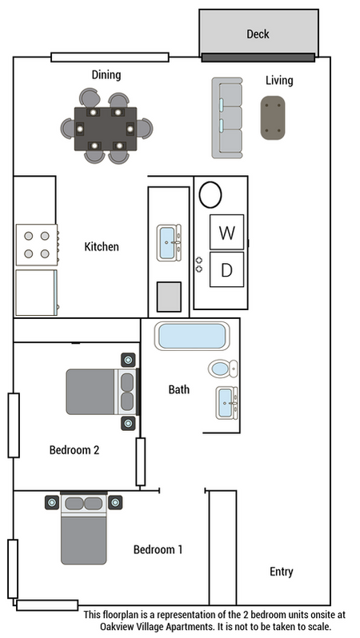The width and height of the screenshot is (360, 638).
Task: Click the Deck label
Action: (258, 34)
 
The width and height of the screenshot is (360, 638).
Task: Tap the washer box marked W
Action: (227, 232)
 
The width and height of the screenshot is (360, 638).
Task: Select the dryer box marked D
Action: (227, 269)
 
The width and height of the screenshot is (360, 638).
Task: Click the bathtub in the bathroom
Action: (192, 336)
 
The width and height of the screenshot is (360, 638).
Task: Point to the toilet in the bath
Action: (222, 369)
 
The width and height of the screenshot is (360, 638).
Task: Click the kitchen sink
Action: (169, 243)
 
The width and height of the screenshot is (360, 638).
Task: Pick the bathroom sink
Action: (226, 403)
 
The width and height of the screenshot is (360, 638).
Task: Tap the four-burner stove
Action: (37, 245)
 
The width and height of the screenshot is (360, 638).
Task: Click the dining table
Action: (106, 129)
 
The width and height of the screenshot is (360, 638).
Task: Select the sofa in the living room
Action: (227, 118)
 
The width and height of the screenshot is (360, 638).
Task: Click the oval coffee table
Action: (273, 118)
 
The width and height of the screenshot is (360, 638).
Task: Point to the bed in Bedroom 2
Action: (102, 392)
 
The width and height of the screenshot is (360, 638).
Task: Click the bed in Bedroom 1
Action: (84, 528)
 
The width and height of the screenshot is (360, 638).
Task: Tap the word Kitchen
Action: (102, 246)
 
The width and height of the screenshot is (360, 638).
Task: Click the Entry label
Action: (282, 572)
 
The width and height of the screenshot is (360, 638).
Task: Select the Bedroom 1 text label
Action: (158, 550)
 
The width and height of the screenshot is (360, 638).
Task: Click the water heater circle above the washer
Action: (210, 194)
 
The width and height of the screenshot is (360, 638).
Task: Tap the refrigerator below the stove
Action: (37, 293)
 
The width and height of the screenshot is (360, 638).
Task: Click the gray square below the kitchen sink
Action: (169, 297)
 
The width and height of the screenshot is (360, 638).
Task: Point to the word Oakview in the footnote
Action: (117, 626)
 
